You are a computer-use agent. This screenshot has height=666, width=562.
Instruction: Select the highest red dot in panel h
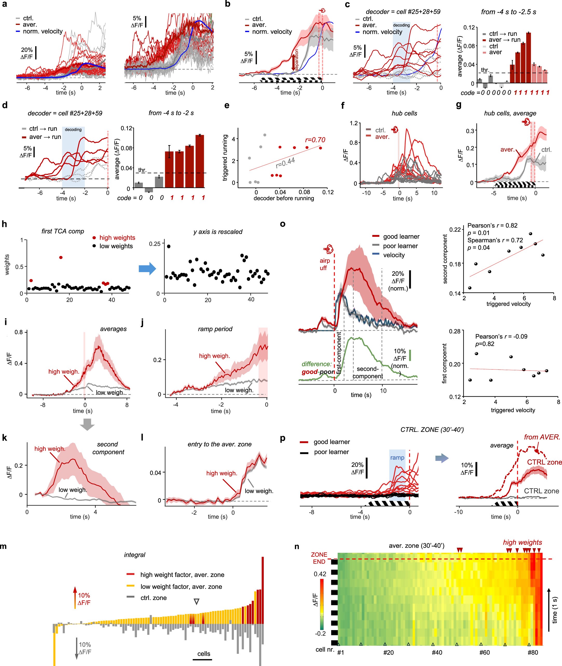point(61,257)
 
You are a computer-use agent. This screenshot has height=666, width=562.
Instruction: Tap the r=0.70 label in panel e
point(315,140)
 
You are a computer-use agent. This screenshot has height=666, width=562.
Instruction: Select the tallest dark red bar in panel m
point(262,590)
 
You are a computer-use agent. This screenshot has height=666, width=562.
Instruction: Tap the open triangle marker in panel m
point(197,602)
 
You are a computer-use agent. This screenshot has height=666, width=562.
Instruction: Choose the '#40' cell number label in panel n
point(437,652)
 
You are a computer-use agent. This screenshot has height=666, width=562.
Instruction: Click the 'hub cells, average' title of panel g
point(510,113)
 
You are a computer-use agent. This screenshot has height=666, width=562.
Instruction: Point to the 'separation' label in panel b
point(297,60)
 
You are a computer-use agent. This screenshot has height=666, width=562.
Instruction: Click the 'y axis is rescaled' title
point(218,232)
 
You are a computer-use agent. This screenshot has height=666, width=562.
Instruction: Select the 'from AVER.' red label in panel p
point(542,437)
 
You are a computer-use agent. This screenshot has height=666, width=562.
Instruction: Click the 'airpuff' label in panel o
point(325,264)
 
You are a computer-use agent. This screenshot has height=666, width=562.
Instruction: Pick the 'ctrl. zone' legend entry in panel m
point(153,598)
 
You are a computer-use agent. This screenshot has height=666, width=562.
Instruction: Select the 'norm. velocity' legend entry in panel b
point(272,32)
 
